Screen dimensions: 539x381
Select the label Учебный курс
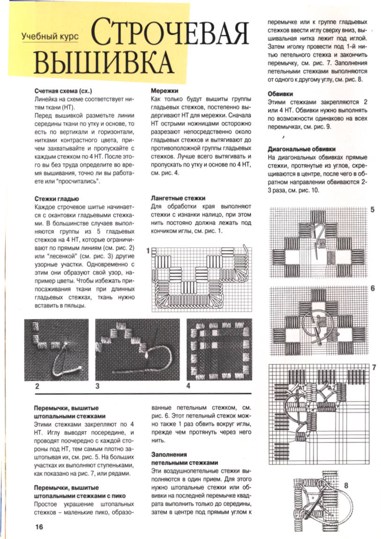[x=50, y=36]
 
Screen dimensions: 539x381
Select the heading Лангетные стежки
[x=178, y=198]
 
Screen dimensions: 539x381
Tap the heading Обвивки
[x=280, y=93]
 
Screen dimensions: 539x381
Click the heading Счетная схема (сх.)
[x=62, y=91]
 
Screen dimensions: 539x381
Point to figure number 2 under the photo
[x=37, y=386]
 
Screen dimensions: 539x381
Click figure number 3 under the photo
[x=97, y=386]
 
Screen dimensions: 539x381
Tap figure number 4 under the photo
[x=188, y=386]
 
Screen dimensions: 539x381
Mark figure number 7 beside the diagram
[x=374, y=367]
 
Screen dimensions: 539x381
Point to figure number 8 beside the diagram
[x=346, y=485]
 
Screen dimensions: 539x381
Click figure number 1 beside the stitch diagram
[x=148, y=251]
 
